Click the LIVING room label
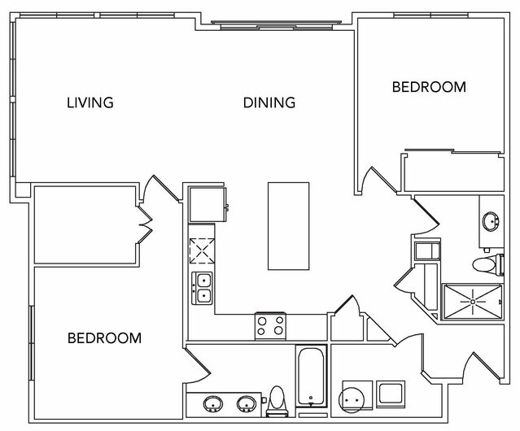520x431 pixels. (x=90, y=102)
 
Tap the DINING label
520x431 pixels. (x=269, y=102)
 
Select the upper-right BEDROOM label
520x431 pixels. (x=429, y=87)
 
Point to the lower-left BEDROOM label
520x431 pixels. (x=104, y=338)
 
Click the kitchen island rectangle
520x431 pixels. (x=289, y=226)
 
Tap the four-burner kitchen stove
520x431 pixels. (x=271, y=326)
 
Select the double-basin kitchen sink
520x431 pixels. (x=203, y=288)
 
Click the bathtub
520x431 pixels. (x=311, y=377)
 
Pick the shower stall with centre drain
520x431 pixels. (x=472, y=302)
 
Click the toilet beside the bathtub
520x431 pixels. (x=277, y=401)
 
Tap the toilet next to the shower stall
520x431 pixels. (x=487, y=264)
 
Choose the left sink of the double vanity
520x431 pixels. (x=212, y=404)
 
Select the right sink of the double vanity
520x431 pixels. (x=247, y=404)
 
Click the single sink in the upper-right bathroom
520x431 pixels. (x=492, y=221)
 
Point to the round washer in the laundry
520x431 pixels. (x=352, y=400)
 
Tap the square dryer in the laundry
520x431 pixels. (x=391, y=394)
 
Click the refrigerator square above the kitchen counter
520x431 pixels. (x=208, y=204)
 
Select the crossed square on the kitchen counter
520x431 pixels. (x=202, y=250)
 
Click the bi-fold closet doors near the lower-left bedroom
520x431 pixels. (x=145, y=224)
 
